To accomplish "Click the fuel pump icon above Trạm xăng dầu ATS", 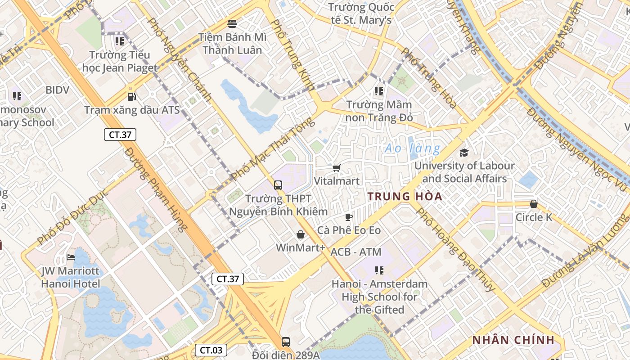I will [x=131, y=96].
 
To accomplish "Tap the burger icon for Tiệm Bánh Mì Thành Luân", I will [x=232, y=23].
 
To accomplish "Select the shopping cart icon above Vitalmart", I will [x=336, y=168].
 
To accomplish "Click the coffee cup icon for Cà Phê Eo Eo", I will [x=349, y=217].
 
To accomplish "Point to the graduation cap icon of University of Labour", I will [x=464, y=153].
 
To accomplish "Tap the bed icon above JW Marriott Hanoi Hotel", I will [x=71, y=257].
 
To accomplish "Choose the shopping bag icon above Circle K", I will [x=534, y=204].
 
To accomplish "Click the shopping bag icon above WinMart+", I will [x=300, y=234].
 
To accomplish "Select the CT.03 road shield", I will [x=211, y=350].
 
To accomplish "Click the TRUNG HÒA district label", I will [x=405, y=197].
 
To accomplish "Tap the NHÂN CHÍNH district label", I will [x=513, y=340].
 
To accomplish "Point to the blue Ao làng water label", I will [x=412, y=148].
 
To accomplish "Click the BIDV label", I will [x=58, y=90].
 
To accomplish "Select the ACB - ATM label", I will [x=356, y=252].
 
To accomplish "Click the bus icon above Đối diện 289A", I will [x=286, y=342].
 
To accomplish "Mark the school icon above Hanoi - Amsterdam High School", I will [x=379, y=270].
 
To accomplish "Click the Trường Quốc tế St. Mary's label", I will [x=361, y=13].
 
